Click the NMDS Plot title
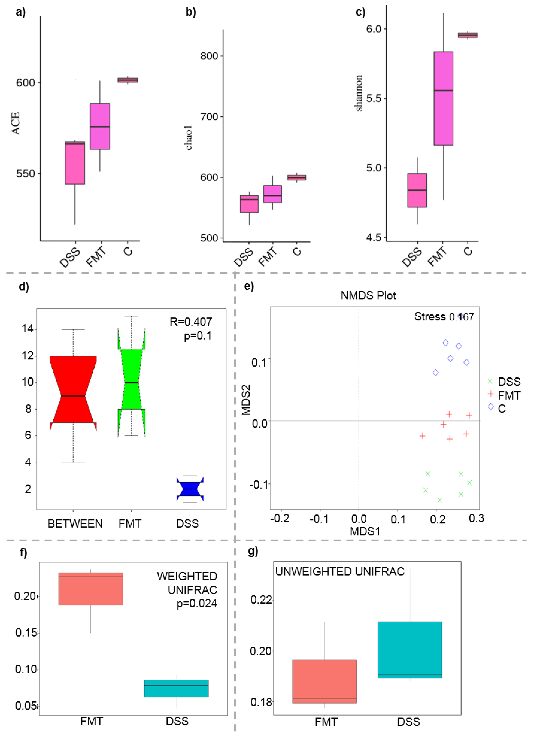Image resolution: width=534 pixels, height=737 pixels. click(368, 295)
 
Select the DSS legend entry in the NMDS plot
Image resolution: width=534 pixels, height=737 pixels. click(509, 382)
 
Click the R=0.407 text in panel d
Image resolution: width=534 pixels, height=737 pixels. click(191, 322)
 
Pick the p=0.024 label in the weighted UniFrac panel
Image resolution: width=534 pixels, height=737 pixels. click(196, 603)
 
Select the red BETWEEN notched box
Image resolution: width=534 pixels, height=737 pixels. click(73, 390)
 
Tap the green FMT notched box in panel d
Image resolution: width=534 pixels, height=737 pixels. click(131, 380)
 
